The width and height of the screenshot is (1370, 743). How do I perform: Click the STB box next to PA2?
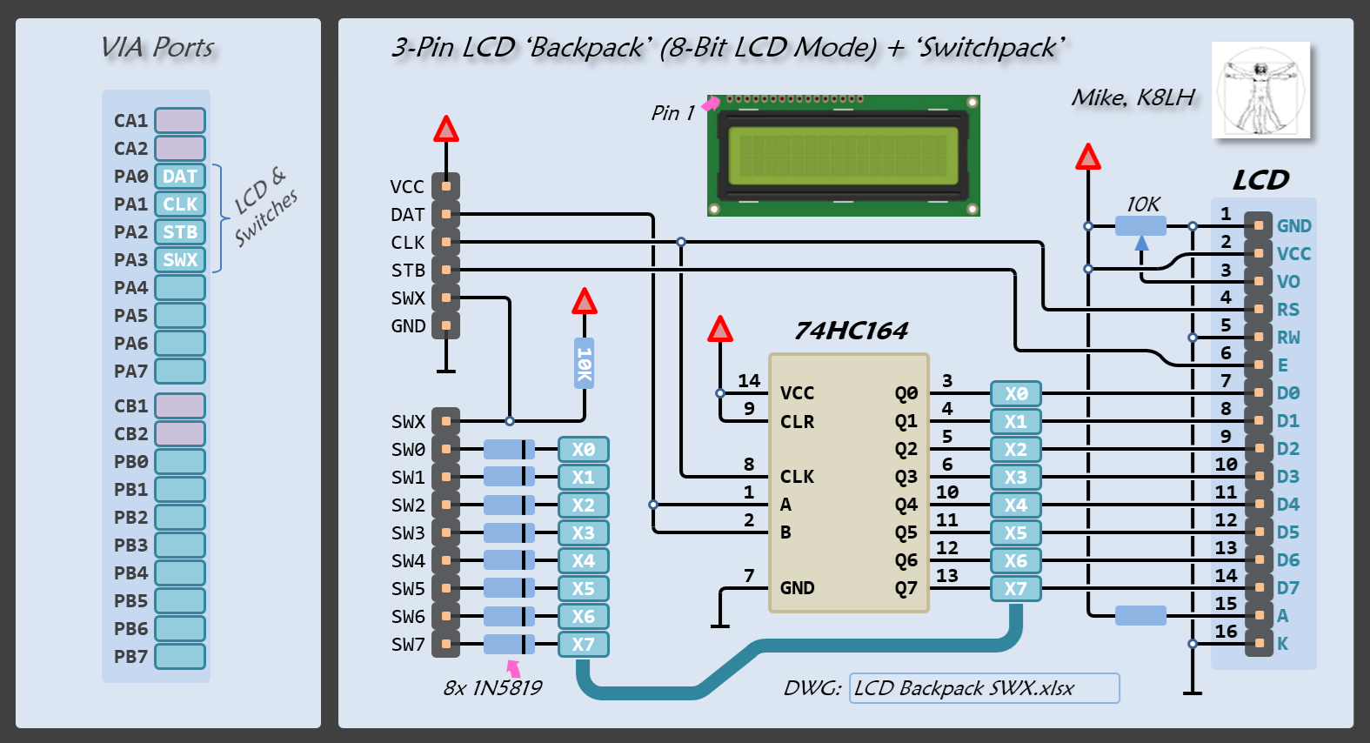click(x=180, y=232)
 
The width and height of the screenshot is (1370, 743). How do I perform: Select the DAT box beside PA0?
click(x=180, y=177)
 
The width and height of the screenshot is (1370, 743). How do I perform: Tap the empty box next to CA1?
click(x=180, y=120)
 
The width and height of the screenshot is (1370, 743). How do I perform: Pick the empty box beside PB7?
click(x=180, y=656)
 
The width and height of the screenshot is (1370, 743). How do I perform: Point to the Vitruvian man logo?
click(x=1260, y=90)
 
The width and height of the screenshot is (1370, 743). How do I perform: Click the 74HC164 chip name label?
click(x=851, y=331)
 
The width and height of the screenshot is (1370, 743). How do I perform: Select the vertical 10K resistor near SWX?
click(x=585, y=363)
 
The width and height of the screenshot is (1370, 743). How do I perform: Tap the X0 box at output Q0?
click(x=1016, y=393)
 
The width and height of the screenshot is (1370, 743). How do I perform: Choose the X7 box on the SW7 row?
click(x=583, y=645)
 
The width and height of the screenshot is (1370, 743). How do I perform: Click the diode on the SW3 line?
click(x=509, y=532)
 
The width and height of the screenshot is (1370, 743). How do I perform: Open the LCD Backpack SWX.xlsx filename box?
click(x=984, y=688)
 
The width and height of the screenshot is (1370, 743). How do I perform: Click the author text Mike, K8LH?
click(x=1133, y=97)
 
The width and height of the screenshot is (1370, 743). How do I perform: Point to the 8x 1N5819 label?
click(x=492, y=688)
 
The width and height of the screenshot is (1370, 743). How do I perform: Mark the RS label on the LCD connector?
click(x=1287, y=310)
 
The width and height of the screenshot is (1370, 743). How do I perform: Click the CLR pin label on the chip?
click(x=797, y=422)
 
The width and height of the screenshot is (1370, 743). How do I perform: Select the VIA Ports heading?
click(x=157, y=47)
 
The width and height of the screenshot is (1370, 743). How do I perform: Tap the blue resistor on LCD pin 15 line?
click(x=1140, y=616)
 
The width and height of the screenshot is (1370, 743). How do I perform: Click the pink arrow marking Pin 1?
click(x=711, y=104)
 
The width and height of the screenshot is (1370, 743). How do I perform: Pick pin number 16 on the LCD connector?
click(x=1226, y=632)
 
